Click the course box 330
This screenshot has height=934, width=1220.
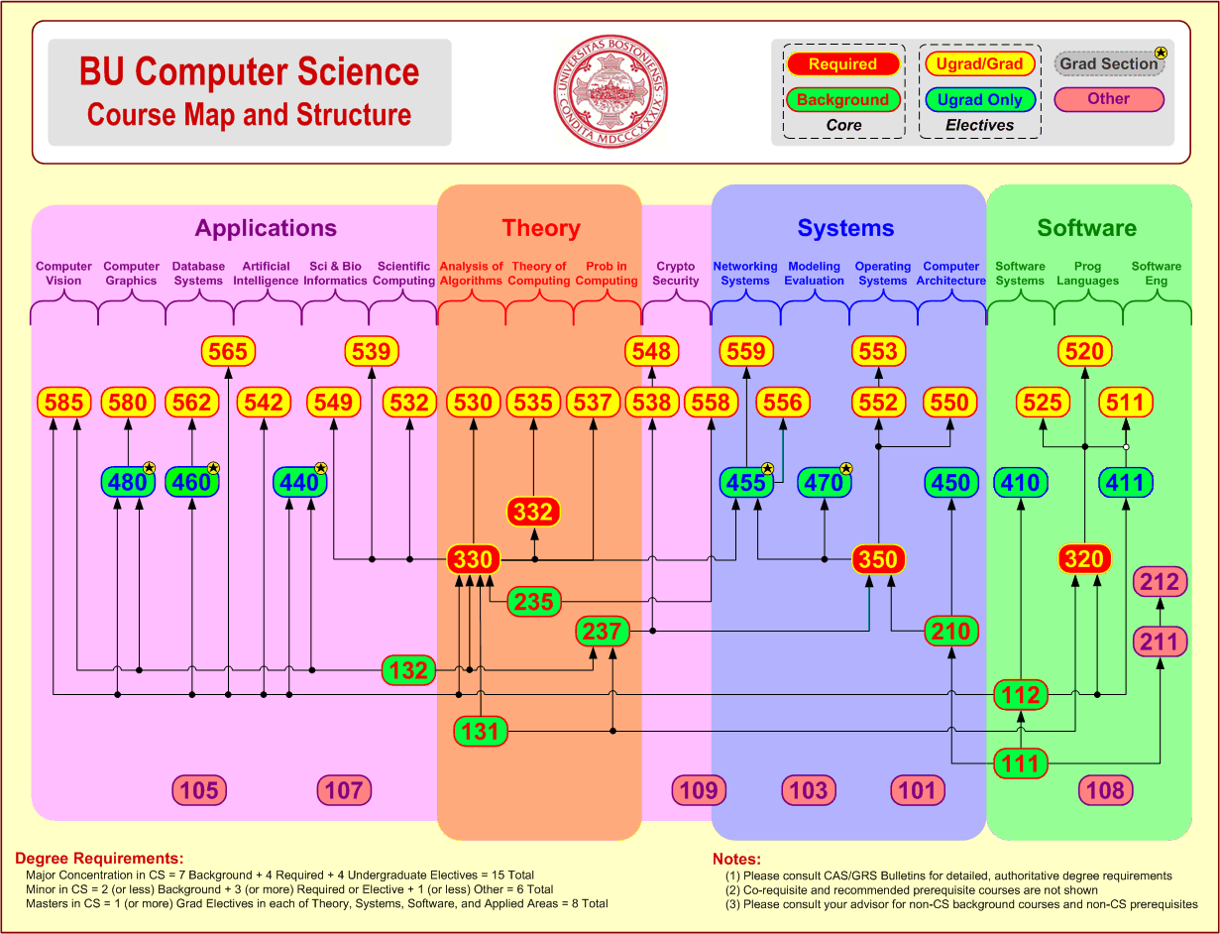pos(473,559)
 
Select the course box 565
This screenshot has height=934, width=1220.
pos(228,351)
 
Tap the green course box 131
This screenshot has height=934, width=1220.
pos(481,732)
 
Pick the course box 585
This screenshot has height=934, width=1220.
pos(64,402)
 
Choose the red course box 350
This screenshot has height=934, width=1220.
pos(878,559)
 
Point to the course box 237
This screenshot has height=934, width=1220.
pos(603,631)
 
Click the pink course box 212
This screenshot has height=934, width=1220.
pos(1160,582)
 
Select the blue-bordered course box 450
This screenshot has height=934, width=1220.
pos(950,483)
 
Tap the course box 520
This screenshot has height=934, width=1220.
pos(1084,351)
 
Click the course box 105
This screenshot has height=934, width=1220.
pos(199,790)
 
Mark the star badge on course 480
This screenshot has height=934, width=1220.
pos(149,468)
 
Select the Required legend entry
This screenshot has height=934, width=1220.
pos(842,64)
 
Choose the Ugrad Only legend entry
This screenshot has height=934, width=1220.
pos(979,99)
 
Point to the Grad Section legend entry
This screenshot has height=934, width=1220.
pos(1109,63)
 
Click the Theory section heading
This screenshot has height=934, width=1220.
pos(540,228)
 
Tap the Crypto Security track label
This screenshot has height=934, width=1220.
pos(676,273)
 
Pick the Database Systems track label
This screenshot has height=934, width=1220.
pos(198,273)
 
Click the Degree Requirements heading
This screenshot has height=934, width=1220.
pos(99,858)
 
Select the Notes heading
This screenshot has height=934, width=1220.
pos(736,859)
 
